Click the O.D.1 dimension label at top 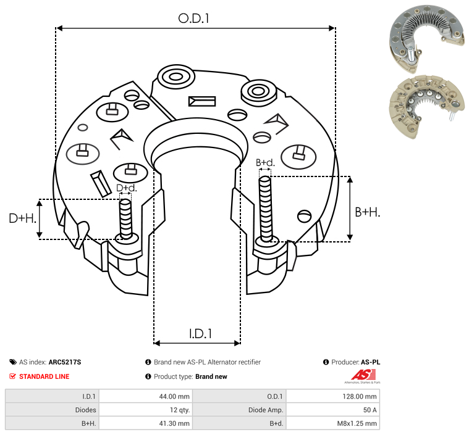coord(193,19)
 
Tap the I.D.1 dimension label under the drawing coord(200,334)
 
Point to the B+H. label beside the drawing coord(367,212)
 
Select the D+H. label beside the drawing coord(22,218)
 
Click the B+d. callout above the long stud coord(265,162)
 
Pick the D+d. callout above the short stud coord(126,188)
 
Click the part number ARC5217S coord(65,362)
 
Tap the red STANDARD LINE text coord(44,376)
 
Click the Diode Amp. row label coord(266,410)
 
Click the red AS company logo coord(363,375)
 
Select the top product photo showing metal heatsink coord(427,38)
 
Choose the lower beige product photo coord(427,106)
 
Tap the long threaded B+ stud coord(266,209)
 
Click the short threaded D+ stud coord(125,219)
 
